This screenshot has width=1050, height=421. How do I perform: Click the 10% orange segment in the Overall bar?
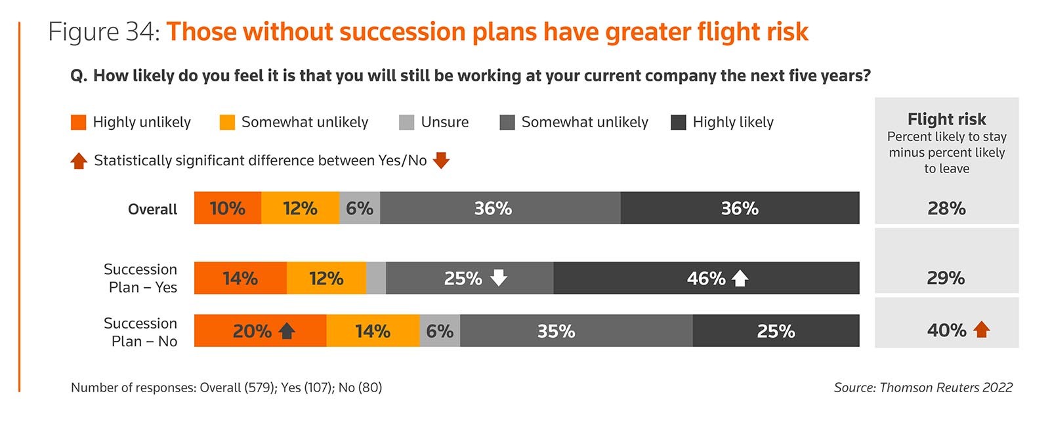227,208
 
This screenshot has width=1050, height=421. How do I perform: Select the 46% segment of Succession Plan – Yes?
705,278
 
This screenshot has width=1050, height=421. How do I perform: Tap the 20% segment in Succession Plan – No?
260,331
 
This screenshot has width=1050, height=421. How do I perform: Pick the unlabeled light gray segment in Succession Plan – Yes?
376,278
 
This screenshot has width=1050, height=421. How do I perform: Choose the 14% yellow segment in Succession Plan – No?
373,331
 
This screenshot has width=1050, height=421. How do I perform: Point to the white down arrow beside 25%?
499,277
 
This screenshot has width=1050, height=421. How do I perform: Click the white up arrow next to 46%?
740,278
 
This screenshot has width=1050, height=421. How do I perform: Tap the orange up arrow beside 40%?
981,329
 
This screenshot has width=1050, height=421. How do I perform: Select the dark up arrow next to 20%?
287,331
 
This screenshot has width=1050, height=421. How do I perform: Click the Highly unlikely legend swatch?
78,122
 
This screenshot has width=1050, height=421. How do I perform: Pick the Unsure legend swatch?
406,122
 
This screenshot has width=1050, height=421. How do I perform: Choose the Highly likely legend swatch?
679,122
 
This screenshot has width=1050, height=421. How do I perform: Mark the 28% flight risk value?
946,209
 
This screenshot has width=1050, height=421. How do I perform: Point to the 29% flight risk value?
946,278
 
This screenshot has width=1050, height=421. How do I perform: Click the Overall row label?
152,209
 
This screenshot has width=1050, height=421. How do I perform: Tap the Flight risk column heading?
946,119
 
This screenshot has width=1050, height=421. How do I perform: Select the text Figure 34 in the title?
104,32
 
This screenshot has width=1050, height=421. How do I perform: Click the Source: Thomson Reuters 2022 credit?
923,388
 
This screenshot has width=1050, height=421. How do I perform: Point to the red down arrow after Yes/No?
441,160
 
